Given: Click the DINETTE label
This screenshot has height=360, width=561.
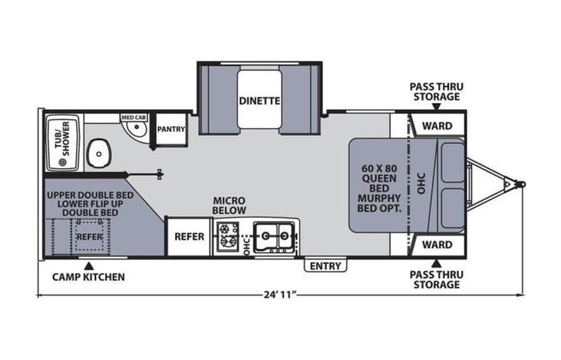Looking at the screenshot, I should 258,100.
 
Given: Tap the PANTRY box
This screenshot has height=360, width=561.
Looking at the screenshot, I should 170,129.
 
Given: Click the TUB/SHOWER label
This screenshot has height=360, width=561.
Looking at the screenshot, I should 64,144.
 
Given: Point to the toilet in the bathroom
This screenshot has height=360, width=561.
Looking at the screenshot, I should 98,154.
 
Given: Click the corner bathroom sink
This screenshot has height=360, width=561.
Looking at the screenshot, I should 135,130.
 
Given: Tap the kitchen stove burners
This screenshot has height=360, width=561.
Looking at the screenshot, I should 228,236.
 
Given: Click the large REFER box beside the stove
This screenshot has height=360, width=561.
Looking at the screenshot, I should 189,236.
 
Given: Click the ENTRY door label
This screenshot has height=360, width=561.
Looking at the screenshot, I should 325,266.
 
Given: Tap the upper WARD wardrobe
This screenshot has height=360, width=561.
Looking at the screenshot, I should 436,125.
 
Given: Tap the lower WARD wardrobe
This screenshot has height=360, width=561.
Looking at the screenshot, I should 436,246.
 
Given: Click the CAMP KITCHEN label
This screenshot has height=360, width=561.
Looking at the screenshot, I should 88,276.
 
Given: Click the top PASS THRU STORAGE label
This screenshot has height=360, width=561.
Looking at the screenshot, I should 434,92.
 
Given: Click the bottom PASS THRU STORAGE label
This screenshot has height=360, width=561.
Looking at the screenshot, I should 434,279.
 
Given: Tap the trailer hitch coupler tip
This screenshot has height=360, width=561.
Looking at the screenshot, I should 521,184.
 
